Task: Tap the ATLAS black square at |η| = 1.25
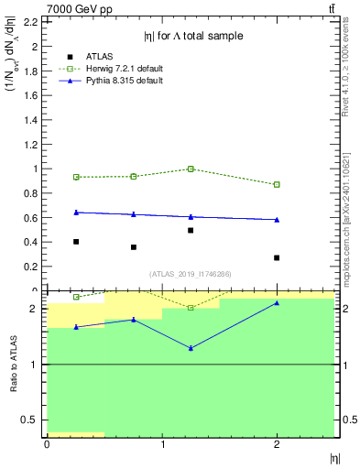pos(191,230)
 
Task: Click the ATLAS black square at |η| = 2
pos(277,257)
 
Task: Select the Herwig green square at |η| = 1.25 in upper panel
pos(191,169)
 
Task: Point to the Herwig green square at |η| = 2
pos(277,184)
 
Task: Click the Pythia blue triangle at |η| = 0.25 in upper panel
pos(76,213)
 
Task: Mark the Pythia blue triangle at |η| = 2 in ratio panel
pos(277,302)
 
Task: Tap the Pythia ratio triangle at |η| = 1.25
pos(191,348)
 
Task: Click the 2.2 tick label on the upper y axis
pos(28,22)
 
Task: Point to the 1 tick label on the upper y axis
pos(35,169)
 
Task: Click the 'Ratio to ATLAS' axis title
pos(12,364)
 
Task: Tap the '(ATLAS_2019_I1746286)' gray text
pos(191,273)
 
